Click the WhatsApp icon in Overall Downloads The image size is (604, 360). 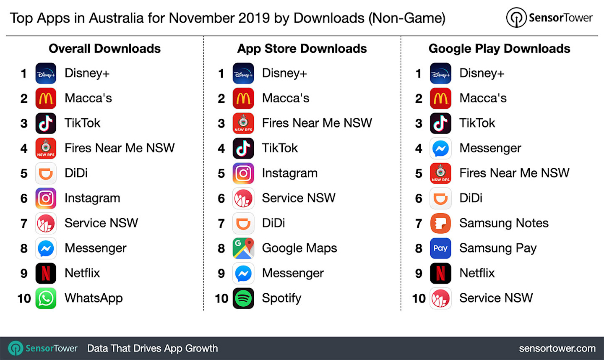coord(46,298)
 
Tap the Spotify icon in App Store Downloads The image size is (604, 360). coord(243,298)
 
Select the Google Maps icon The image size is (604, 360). coord(243,248)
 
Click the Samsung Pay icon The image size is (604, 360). coord(440,248)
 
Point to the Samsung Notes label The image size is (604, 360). coord(504,223)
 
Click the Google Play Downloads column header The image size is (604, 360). coord(499,49)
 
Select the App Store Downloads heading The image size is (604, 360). coord(302,49)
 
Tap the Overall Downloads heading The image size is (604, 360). coord(104,49)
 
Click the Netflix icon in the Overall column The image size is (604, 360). coord(46,273)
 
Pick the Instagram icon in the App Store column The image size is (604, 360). coord(243,173)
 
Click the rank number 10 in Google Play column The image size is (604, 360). coord(419,299)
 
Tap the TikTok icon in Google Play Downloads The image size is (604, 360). coord(440,123)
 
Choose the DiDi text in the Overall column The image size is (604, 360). coord(76,173)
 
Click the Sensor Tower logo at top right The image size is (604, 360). coord(549,18)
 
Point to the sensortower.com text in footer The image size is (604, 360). coord(557,348)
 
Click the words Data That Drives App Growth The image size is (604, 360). coord(152,348)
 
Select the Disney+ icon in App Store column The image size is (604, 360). coord(243,73)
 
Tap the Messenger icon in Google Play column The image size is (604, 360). coord(440,148)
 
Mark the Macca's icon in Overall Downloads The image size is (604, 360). coord(46,98)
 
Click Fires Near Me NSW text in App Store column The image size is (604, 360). coord(317,123)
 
